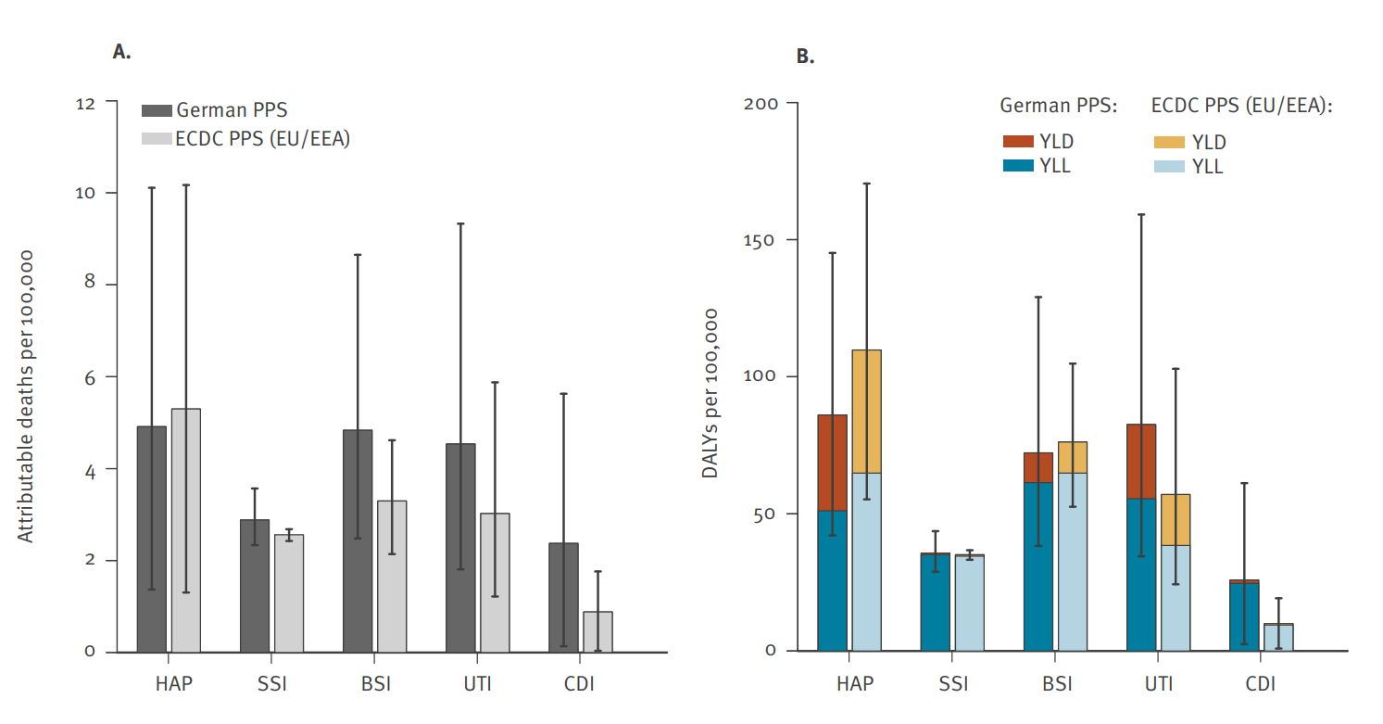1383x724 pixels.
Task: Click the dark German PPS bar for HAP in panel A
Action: tap(152, 539)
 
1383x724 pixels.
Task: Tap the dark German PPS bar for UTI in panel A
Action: tap(460, 547)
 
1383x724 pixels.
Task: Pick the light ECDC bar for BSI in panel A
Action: tap(392, 576)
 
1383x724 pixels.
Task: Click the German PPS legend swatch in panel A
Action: tap(157, 111)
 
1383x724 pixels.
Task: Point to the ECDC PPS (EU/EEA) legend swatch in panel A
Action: tap(157, 139)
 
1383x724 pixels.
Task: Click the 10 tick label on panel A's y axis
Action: tap(85, 193)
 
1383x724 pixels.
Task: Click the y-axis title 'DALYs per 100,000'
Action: tap(710, 396)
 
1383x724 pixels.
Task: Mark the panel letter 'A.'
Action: tap(121, 52)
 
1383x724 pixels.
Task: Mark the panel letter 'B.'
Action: tap(805, 57)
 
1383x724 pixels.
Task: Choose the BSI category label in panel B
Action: tap(1057, 685)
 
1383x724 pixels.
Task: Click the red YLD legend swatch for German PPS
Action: tap(1017, 142)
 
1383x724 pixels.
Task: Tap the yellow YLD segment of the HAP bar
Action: tap(866, 411)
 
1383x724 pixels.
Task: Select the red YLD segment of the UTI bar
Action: tap(1141, 461)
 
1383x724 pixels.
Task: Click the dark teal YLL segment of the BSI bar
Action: tap(1038, 565)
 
